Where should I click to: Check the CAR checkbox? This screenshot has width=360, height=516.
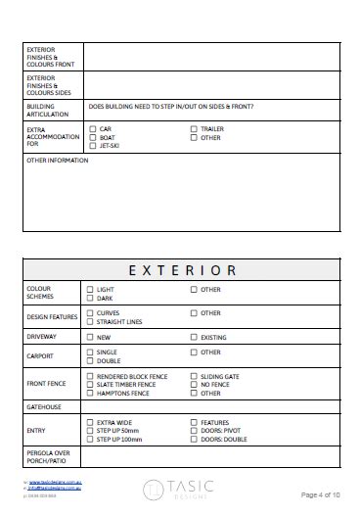[93, 128]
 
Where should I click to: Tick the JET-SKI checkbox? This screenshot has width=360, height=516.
[93, 146]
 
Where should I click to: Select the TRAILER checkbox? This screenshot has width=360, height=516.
[194, 128]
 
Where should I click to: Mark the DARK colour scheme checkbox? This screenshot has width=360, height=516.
[91, 299]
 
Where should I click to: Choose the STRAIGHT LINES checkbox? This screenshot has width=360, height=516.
[91, 321]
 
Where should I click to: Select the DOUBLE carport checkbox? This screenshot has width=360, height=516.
[91, 360]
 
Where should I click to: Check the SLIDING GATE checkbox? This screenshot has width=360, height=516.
[194, 376]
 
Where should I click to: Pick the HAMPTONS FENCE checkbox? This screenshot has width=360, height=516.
[91, 394]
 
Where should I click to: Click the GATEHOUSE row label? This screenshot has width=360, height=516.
[45, 406]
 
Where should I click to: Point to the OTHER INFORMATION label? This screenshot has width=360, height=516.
[58, 161]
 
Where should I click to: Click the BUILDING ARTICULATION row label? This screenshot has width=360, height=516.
[44, 109]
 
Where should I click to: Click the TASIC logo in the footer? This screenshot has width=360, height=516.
[180, 490]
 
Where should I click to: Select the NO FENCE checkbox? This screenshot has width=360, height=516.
[194, 385]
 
